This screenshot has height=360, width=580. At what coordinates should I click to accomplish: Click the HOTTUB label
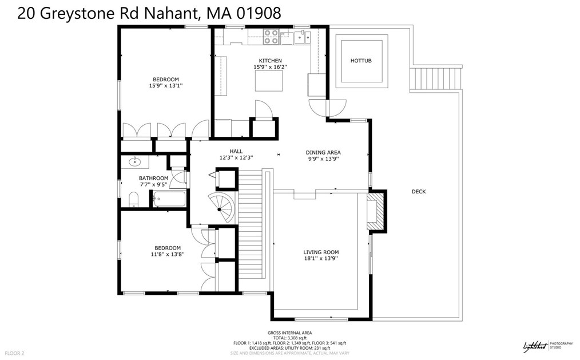361,60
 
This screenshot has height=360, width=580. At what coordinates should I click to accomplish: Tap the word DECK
419,192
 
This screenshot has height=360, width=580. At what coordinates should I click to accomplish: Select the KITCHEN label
270,61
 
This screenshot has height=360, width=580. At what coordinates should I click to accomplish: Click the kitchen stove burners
272,37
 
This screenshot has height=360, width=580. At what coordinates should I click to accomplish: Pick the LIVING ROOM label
321,252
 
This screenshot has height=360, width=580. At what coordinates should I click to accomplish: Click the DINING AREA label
323,153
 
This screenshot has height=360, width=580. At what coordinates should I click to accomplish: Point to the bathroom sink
136,161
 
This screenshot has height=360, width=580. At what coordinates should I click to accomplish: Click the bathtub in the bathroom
169,200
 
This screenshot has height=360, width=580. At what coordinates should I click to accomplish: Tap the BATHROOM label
153,179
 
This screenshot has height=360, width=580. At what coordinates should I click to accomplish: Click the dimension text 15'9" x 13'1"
165,86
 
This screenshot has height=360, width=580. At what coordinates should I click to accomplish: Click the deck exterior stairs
436,78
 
